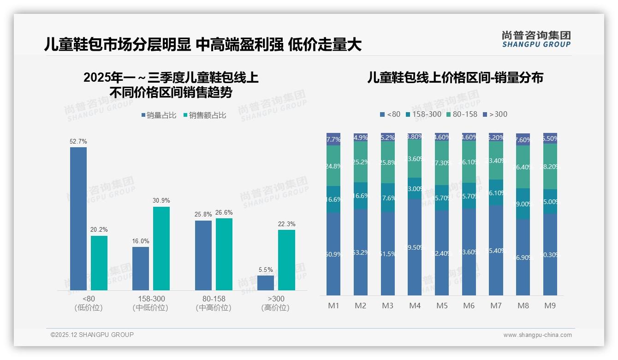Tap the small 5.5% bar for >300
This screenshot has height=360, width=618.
click(x=266, y=282)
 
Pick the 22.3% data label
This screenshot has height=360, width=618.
click(x=286, y=224)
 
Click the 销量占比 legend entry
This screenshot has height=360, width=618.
click(x=159, y=115)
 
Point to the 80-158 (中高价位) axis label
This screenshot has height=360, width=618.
click(x=214, y=303)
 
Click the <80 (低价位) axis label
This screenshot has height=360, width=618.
click(x=89, y=303)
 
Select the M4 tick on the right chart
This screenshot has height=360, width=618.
click(x=415, y=306)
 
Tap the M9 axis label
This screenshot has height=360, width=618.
click(x=550, y=306)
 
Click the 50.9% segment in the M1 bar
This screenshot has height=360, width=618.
click(x=333, y=254)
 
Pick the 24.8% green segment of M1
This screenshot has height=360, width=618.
click(x=333, y=166)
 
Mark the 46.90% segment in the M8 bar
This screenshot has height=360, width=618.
click(x=523, y=257)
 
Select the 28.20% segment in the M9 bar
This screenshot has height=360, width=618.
click(x=550, y=166)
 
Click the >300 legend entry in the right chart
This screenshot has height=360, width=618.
click(x=495, y=114)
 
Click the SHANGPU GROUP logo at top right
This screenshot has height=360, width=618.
click(x=536, y=39)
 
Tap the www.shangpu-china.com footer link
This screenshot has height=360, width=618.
click(x=537, y=335)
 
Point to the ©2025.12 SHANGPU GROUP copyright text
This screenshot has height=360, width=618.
click(x=92, y=335)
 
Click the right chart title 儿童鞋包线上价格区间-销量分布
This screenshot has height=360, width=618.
click(x=455, y=78)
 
